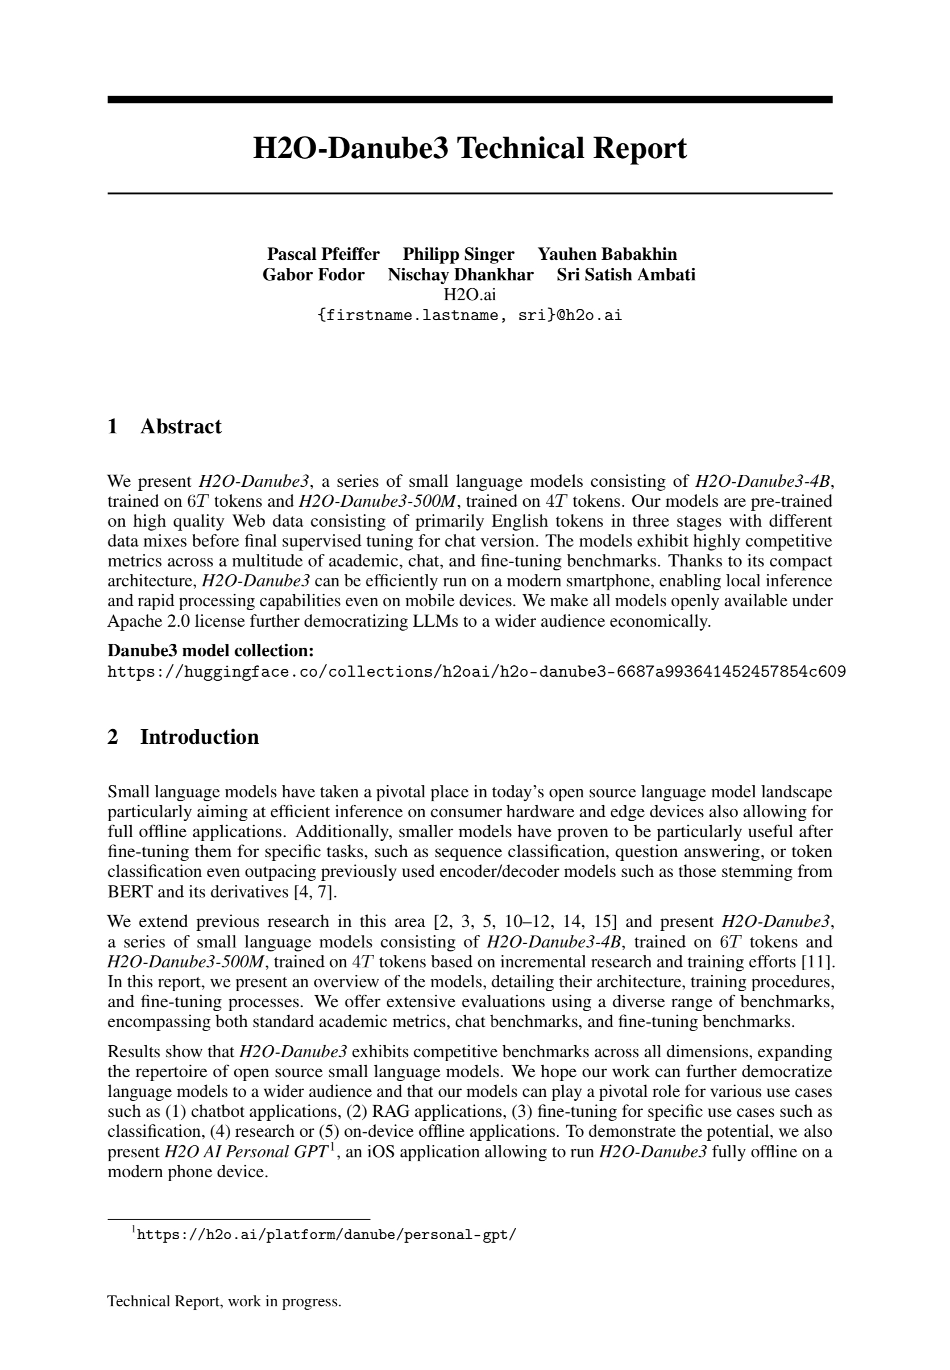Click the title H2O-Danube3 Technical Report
click(x=470, y=148)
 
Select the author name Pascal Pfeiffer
click(x=323, y=254)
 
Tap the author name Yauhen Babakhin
click(x=607, y=254)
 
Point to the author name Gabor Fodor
click(x=313, y=275)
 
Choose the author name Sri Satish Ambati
click(x=625, y=275)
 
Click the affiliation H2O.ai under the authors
click(x=470, y=295)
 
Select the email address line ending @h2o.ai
click(x=470, y=315)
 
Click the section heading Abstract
click(x=180, y=427)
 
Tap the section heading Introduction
click(x=199, y=737)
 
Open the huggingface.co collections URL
click(x=476, y=672)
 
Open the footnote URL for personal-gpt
click(x=326, y=1234)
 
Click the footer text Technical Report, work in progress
click(x=225, y=1318)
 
